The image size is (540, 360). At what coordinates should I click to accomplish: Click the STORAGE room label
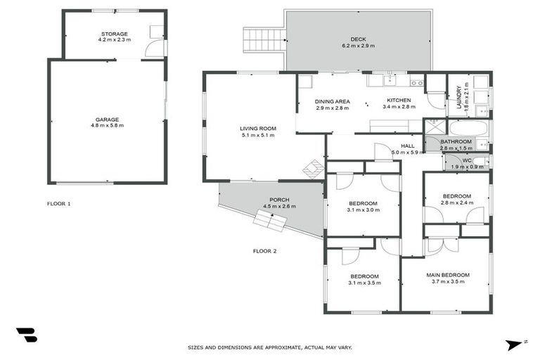click(x=113, y=34)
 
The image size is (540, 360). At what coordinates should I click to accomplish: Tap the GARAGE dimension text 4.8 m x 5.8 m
click(x=107, y=126)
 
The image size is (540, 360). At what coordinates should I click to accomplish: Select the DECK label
click(x=358, y=39)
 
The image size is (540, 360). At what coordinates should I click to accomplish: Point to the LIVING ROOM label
click(x=257, y=129)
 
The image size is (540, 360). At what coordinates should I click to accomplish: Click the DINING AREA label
click(x=332, y=101)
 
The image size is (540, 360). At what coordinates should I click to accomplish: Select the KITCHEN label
click(x=399, y=101)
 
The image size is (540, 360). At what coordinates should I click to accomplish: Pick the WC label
click(x=466, y=160)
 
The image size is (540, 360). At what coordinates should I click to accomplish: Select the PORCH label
click(x=279, y=200)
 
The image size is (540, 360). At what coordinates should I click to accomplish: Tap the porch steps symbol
click(x=270, y=221)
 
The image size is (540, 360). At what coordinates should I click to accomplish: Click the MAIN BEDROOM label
click(x=447, y=275)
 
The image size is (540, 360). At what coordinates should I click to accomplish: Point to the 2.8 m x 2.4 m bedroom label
click(x=456, y=203)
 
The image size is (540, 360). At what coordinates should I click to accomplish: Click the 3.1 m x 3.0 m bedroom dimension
click(x=364, y=210)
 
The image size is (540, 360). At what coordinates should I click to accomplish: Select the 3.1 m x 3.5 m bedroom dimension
click(x=364, y=283)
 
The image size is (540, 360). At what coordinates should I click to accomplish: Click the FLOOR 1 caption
click(x=59, y=204)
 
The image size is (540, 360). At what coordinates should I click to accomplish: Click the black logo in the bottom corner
click(x=26, y=335)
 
